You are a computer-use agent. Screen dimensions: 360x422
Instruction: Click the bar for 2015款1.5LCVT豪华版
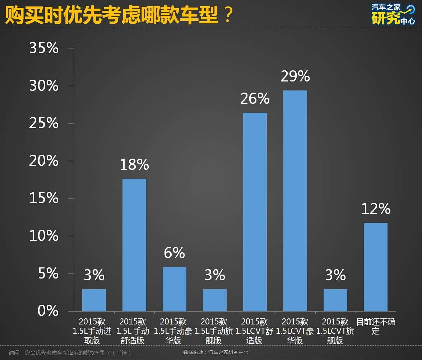(x=295, y=201)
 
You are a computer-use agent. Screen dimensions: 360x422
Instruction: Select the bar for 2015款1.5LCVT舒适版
(x=255, y=212)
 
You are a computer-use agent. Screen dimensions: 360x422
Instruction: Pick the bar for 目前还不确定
(x=376, y=267)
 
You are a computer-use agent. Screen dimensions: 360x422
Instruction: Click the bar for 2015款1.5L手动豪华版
(x=175, y=289)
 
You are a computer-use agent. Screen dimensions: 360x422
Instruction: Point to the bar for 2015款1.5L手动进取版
(x=94, y=300)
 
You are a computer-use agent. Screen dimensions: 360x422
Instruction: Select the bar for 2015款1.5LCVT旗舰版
(x=335, y=300)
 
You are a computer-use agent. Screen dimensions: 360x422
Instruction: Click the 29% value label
(x=295, y=76)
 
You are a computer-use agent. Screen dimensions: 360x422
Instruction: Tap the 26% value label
(x=255, y=98)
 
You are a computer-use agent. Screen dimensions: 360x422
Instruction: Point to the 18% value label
(x=134, y=165)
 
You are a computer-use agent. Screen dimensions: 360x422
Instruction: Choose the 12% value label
(x=376, y=209)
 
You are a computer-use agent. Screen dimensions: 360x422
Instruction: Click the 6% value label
(x=175, y=253)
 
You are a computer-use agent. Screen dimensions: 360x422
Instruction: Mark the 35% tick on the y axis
(x=44, y=48)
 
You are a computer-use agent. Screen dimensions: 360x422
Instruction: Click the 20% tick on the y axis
(x=44, y=161)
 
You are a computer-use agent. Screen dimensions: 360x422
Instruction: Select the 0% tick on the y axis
(x=48, y=311)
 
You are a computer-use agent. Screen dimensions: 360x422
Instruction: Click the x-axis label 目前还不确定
(x=376, y=326)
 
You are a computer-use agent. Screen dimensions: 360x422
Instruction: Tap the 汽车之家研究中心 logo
(x=393, y=14)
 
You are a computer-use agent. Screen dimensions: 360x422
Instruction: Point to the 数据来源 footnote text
(x=216, y=352)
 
